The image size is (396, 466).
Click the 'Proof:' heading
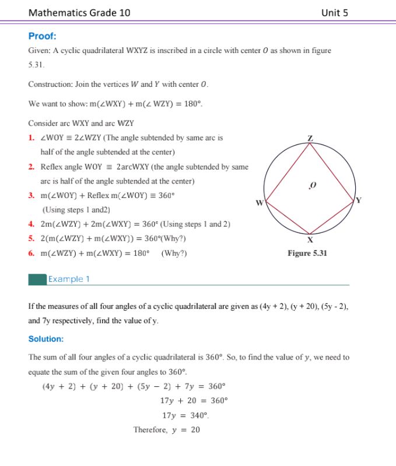pos(42,36)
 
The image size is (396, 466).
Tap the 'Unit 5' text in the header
pos(334,12)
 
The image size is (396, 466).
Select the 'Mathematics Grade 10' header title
pos(79,12)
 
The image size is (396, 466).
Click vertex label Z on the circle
pos(310,138)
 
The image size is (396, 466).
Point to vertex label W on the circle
pos(260,202)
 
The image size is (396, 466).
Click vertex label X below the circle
pos(310,239)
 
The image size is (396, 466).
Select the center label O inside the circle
pos(313,185)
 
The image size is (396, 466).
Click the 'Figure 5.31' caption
pos(307,253)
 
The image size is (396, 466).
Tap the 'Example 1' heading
pos(69,279)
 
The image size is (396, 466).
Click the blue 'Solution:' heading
pos(46,338)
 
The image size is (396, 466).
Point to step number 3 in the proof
pos(31,196)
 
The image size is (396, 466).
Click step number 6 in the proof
pos(31,253)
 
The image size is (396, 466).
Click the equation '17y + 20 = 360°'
pos(194,400)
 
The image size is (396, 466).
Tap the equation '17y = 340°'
pos(186,415)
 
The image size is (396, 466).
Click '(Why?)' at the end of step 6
pos(174,253)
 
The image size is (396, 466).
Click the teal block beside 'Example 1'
pos(37,280)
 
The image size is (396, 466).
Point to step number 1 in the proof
pos(31,138)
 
